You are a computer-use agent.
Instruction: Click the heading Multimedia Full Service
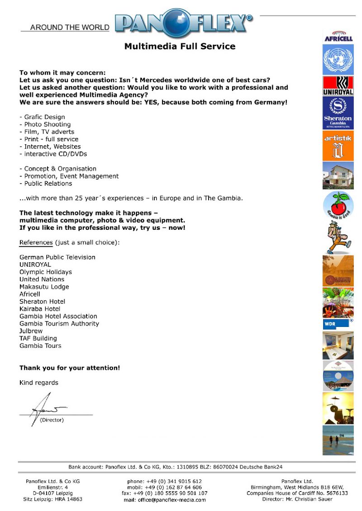point(180,46)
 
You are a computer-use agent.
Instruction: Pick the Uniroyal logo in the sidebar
point(338,86)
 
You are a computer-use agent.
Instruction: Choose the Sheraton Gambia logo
point(338,113)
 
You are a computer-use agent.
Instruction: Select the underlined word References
point(36,242)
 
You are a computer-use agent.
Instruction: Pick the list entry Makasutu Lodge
point(44,287)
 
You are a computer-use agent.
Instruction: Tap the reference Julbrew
point(31,331)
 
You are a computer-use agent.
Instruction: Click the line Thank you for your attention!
point(70,368)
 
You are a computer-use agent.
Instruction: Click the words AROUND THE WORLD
point(70,27)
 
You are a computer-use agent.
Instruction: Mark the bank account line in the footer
point(176,467)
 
